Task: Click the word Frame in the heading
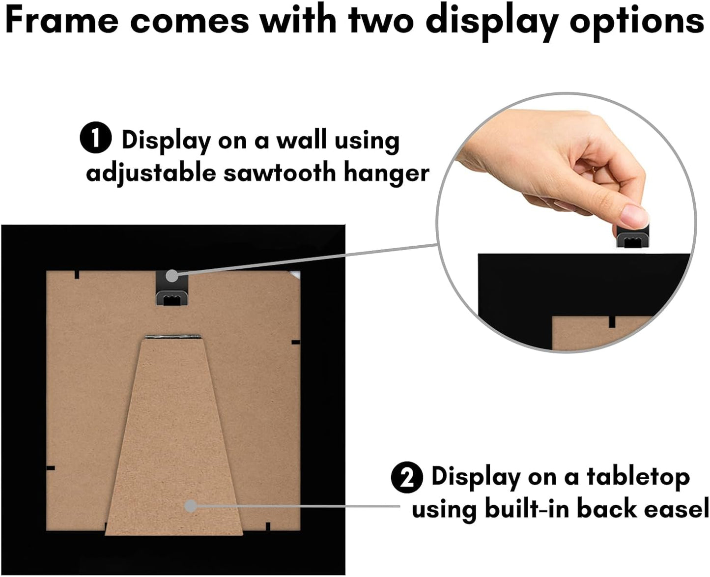(62, 21)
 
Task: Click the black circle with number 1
(96, 137)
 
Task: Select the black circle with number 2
(407, 478)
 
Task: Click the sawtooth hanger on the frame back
(171, 288)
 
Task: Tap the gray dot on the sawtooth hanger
(172, 276)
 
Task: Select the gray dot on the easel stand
(191, 506)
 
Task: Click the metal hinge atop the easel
(173, 337)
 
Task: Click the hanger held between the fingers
(633, 236)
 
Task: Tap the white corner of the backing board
(295, 275)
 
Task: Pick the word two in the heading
(381, 21)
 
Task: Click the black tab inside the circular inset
(612, 321)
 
